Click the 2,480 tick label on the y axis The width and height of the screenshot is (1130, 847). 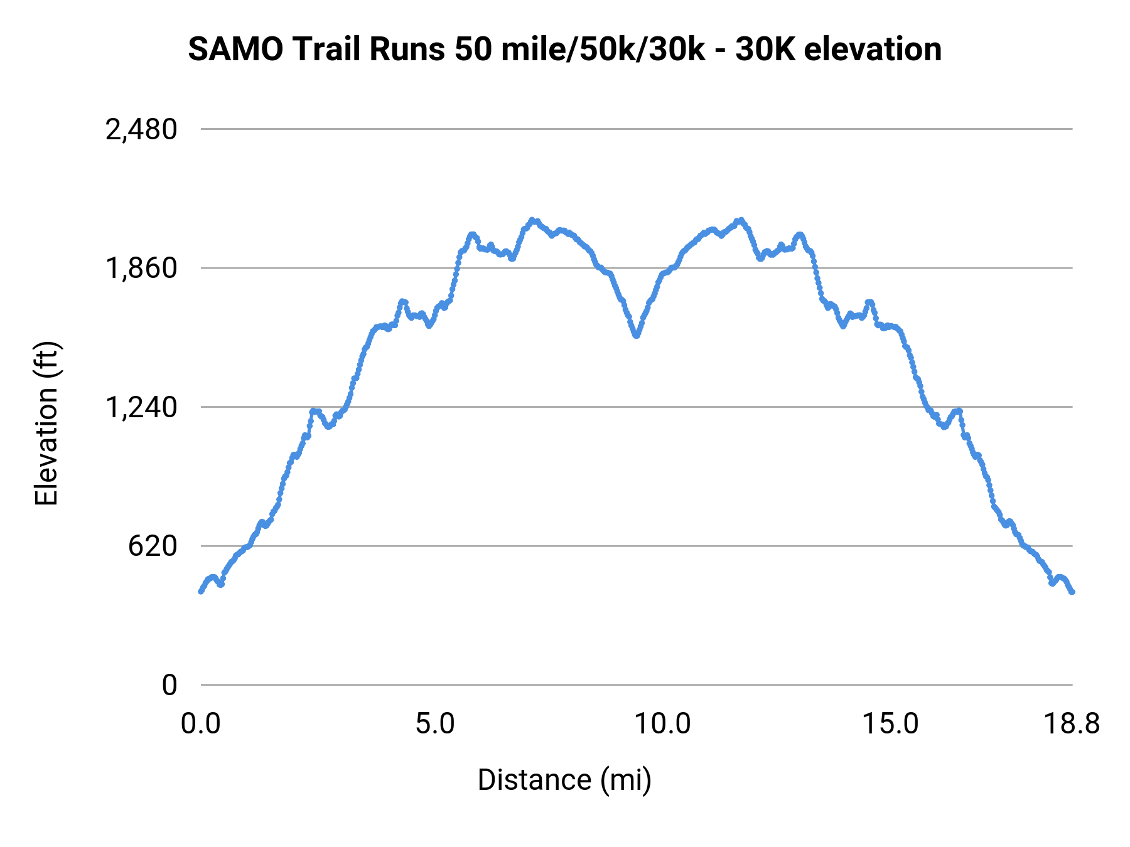coord(141,131)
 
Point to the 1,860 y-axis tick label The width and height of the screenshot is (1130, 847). coord(141,269)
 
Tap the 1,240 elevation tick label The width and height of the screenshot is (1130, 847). coord(141,408)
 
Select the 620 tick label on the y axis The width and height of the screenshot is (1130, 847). coord(153,546)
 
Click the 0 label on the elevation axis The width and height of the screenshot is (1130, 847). coord(169,685)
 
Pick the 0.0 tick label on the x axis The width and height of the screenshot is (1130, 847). coord(200,724)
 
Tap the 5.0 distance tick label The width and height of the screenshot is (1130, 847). coord(435,724)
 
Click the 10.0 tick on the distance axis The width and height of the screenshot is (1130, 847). coord(662,724)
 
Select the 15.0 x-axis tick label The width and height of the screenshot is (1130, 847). coord(890,724)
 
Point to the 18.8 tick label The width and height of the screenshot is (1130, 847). coord(1072,724)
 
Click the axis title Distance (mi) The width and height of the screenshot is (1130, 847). coord(564,780)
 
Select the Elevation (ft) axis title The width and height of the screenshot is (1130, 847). coord(46,423)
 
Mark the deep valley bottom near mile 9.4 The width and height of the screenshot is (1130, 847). coord(636,336)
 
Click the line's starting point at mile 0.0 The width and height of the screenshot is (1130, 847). coord(201,591)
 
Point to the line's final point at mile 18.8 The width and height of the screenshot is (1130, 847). coord(1072,592)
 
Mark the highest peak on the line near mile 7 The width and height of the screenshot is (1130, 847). coord(532,220)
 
